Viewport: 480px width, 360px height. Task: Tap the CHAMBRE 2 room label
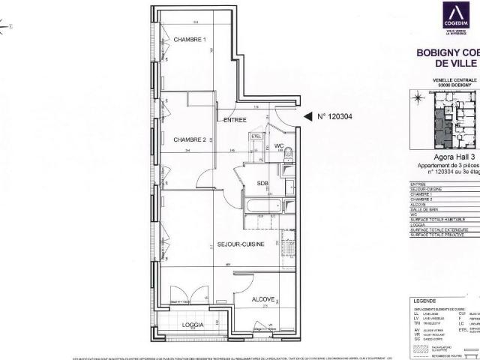pos(190,139)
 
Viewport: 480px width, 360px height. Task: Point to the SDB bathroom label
pos(262,184)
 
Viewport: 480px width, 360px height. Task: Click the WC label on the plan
pos(277,145)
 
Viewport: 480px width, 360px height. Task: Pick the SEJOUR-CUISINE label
pos(239,244)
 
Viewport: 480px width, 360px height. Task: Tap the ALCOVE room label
pos(263,298)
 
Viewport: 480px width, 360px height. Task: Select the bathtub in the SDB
pos(262,204)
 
